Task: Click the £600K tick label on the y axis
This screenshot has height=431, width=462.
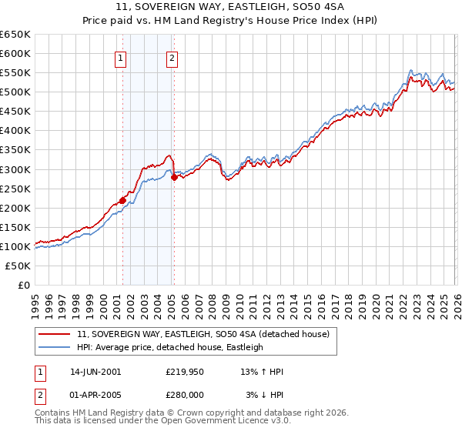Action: (x=15, y=53)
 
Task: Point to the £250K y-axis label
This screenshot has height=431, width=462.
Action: (x=15, y=189)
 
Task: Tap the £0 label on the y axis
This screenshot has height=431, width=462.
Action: (x=23, y=286)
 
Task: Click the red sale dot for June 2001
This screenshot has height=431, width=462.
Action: (x=122, y=200)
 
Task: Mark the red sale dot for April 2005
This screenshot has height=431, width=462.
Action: (x=174, y=177)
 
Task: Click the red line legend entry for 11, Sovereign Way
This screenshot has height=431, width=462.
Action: (x=203, y=334)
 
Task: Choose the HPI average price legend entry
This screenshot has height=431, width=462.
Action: (x=170, y=347)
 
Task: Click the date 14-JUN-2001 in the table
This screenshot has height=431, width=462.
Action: (x=95, y=372)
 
